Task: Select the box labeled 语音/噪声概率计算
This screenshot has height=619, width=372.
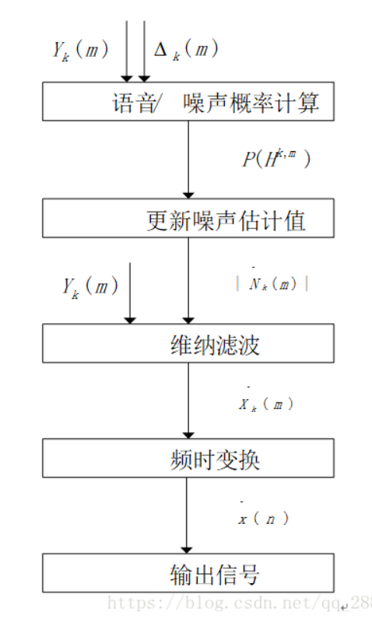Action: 188,101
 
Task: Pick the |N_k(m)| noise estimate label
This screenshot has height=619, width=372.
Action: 272,283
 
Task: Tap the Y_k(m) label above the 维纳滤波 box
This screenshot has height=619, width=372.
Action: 89,287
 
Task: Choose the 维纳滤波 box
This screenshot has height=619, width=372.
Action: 188,343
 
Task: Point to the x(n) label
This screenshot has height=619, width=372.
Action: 264,518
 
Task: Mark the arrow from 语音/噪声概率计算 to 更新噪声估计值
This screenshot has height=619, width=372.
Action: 188,160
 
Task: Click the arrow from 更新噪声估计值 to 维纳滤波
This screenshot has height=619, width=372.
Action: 188,280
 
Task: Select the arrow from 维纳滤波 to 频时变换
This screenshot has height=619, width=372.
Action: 188,400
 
